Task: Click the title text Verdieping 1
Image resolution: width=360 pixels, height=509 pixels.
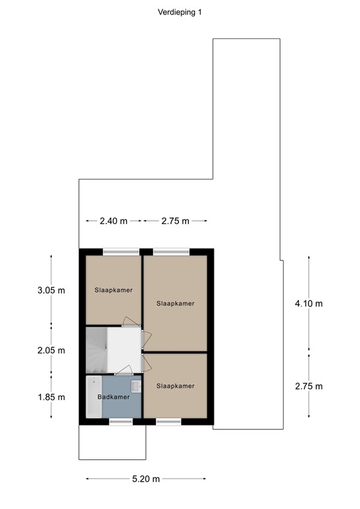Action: pyautogui.click(x=179, y=12)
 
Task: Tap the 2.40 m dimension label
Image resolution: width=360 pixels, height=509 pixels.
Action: pyautogui.click(x=113, y=221)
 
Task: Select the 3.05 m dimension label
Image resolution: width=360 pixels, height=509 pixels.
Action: pyautogui.click(x=52, y=290)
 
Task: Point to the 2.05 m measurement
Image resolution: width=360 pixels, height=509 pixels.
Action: pyautogui.click(x=52, y=351)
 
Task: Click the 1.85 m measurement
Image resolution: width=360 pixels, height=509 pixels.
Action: pyautogui.click(x=52, y=397)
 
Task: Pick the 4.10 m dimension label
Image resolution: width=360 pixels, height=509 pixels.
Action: pyautogui.click(x=308, y=304)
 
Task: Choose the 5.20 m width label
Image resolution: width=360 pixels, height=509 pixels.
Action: pyautogui.click(x=146, y=479)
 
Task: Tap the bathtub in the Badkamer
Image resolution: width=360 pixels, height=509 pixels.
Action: pyautogui.click(x=93, y=396)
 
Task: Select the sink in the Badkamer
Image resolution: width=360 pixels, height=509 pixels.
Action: pyautogui.click(x=136, y=384)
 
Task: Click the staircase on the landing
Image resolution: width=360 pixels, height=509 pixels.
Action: pyautogui.click(x=95, y=350)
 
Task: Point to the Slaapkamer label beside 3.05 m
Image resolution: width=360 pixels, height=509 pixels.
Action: pyautogui.click(x=113, y=290)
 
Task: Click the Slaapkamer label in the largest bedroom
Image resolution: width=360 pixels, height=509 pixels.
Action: pyautogui.click(x=176, y=304)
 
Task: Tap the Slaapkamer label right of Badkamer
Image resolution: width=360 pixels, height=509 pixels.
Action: pyautogui.click(x=176, y=386)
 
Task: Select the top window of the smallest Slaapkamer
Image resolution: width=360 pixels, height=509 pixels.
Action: pyautogui.click(x=121, y=251)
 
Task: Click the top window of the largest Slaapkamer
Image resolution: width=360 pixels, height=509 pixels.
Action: pyautogui.click(x=171, y=251)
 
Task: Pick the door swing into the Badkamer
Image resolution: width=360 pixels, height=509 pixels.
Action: pyautogui.click(x=123, y=374)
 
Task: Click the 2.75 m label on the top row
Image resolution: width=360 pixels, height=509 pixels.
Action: pyautogui.click(x=175, y=221)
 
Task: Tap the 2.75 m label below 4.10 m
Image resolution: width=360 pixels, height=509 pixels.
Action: pyautogui.click(x=308, y=386)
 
